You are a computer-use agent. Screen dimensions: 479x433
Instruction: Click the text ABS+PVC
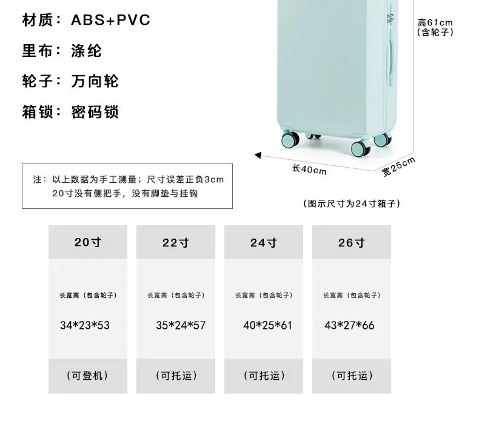click(110, 20)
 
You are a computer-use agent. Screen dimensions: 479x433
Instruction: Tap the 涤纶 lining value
click(86, 51)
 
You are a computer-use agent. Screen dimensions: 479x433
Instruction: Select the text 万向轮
click(95, 81)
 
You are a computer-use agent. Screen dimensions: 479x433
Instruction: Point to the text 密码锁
click(95, 112)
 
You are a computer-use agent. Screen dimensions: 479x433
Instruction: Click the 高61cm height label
click(435, 22)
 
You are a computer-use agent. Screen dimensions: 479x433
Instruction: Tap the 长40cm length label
click(309, 170)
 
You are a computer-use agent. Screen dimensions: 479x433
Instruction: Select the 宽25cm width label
click(398, 167)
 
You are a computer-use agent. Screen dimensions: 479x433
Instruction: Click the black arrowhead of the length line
click(258, 155)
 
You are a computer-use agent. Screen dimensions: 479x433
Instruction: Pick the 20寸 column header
click(88, 242)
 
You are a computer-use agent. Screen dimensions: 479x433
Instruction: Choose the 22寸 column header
click(176, 243)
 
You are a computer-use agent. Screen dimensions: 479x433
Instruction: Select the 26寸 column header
click(352, 243)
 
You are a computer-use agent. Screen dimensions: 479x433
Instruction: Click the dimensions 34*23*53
click(85, 325)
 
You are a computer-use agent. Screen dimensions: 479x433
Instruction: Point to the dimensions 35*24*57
click(181, 325)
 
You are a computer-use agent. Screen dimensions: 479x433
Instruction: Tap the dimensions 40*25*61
click(267, 325)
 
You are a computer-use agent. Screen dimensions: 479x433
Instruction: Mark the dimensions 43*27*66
click(349, 325)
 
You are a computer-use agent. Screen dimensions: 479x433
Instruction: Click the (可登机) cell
click(87, 375)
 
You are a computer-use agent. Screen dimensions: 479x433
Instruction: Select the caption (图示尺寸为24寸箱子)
click(351, 203)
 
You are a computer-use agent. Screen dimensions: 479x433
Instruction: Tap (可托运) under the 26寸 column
click(352, 375)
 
